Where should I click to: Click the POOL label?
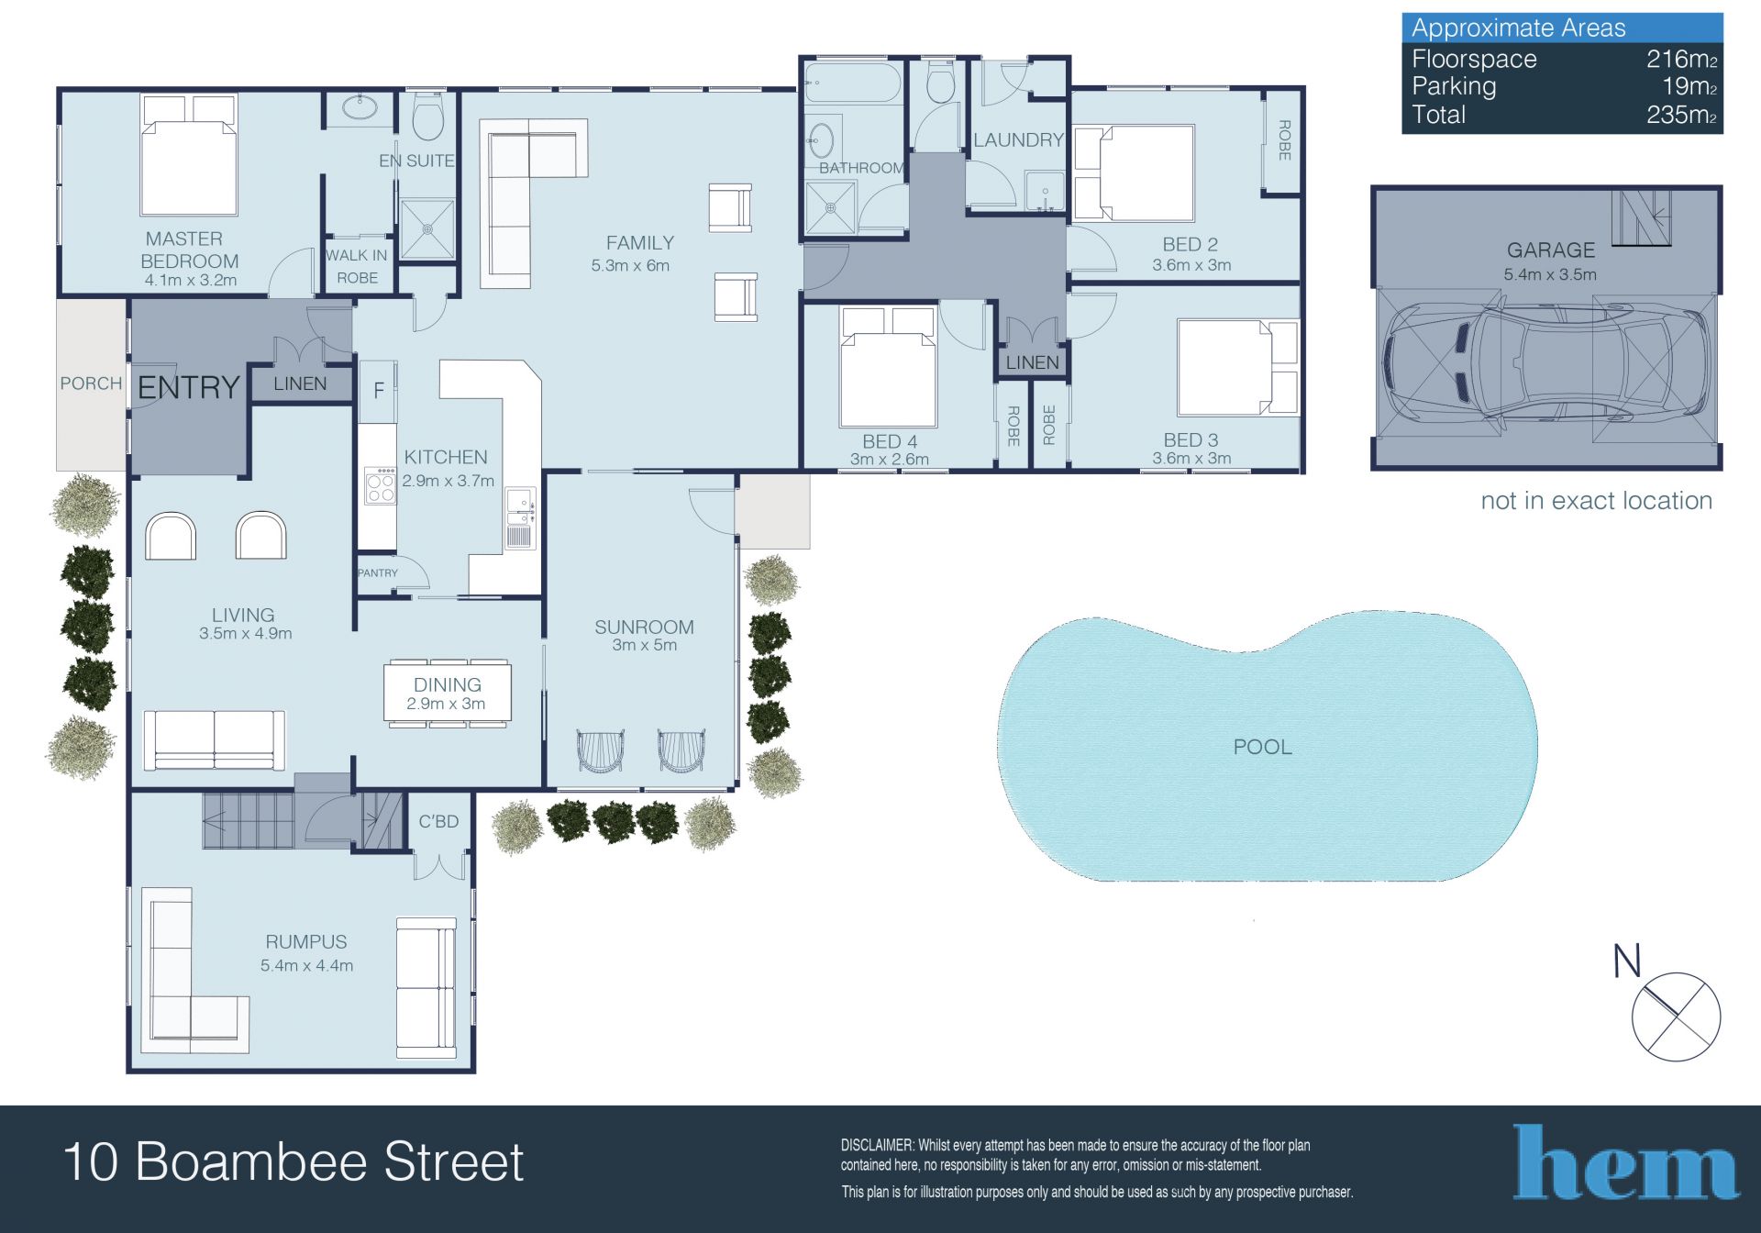tap(1262, 747)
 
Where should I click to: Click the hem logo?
tap(1625, 1162)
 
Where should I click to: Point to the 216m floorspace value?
tap(1681, 60)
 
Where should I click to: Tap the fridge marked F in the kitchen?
tap(377, 391)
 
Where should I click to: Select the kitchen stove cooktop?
tap(380, 486)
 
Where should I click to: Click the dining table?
tap(447, 694)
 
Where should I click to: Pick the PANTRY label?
tap(378, 573)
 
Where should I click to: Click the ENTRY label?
tap(188, 388)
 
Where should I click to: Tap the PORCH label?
tap(91, 383)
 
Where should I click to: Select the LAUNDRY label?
tap(1018, 140)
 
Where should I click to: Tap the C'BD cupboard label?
tap(438, 822)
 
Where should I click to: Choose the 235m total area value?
tap(1681, 116)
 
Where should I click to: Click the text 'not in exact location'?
tap(1597, 501)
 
